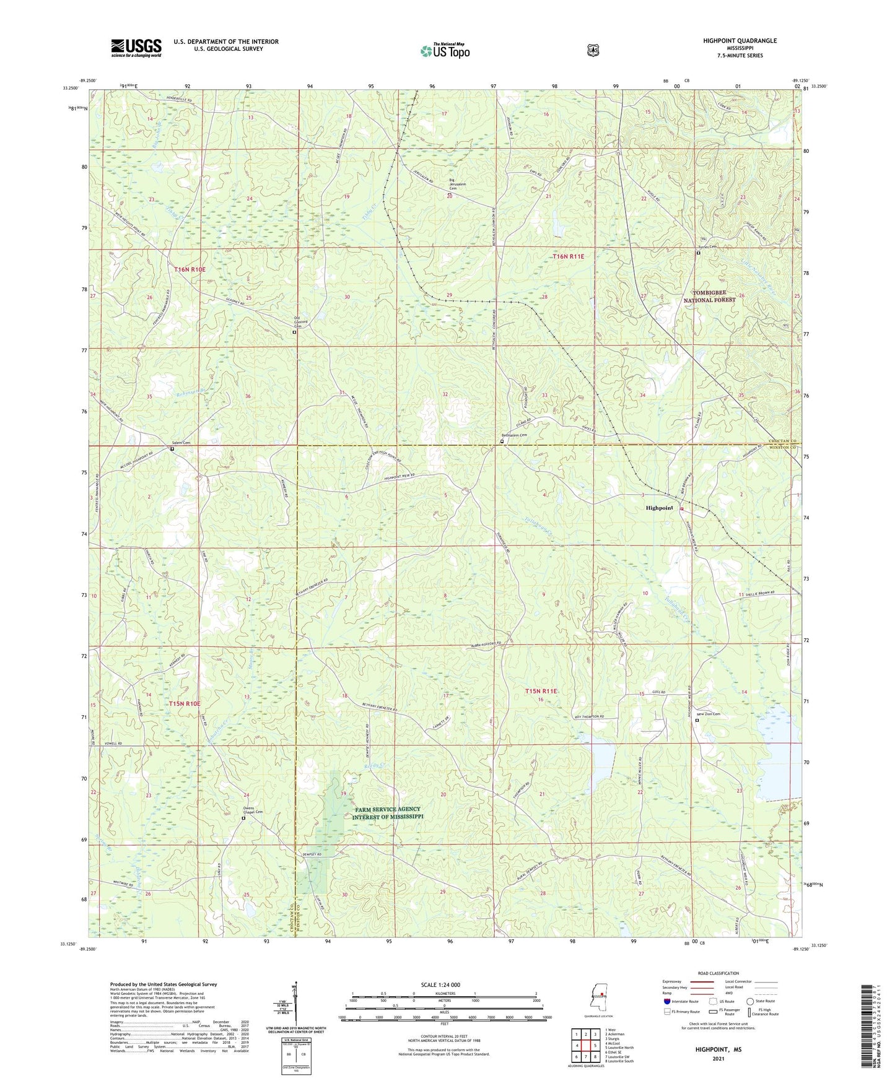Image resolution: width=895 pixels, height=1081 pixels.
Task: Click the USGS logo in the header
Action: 136,48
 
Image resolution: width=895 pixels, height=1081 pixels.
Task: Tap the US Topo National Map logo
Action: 445,50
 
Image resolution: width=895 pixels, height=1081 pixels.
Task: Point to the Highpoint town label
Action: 659,508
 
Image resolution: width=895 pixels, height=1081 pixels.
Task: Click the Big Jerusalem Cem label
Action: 457,185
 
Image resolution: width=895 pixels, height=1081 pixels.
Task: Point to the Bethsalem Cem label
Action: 514,435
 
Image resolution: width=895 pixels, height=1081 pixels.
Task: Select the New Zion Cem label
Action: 709,714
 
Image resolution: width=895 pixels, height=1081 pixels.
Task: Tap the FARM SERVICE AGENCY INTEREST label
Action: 387,813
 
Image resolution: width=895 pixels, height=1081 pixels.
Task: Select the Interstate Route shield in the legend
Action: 666,1018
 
